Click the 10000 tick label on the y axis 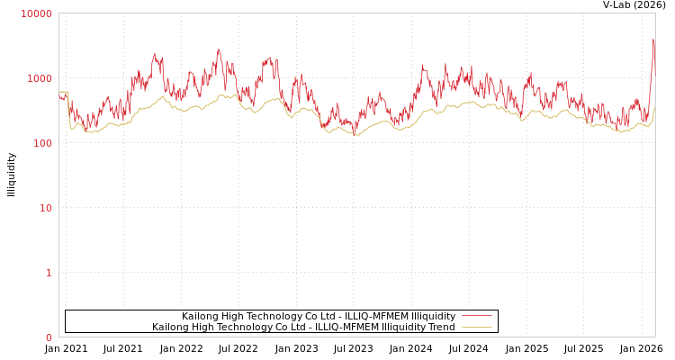[x=37, y=13]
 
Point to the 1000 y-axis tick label [x=40, y=78]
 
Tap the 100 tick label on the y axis [x=42, y=143]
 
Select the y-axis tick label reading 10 [x=45, y=208]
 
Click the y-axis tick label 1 [x=49, y=273]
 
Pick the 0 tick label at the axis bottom [x=49, y=337]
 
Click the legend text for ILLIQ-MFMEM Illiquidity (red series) [x=319, y=317]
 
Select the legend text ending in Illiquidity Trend [x=303, y=328]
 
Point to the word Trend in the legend [x=440, y=328]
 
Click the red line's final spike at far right [x=653, y=40]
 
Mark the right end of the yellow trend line [x=654, y=109]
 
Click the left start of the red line [x=59, y=95]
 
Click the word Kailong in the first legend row [x=201, y=317]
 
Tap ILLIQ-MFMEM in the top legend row [x=376, y=317]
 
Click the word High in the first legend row [x=236, y=317]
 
